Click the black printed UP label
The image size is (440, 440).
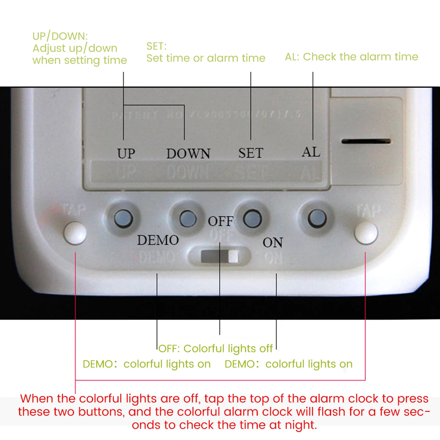(x=126, y=153)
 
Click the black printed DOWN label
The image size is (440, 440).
(x=188, y=153)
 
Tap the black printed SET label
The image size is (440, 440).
(x=251, y=153)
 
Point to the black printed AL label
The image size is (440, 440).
(x=311, y=151)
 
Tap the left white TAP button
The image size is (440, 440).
(x=75, y=233)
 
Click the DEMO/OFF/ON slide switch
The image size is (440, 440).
(x=220, y=256)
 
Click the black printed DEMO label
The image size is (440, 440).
(x=158, y=240)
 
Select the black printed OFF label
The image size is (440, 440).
(x=220, y=221)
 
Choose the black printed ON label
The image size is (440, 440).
(x=272, y=242)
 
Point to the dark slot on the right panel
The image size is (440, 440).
(x=366, y=141)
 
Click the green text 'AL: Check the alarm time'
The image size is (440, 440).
(x=351, y=57)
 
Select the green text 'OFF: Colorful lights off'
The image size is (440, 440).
(x=216, y=348)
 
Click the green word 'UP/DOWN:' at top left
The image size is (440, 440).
(x=60, y=36)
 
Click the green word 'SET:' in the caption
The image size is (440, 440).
(x=156, y=46)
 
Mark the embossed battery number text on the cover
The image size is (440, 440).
(x=206, y=115)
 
